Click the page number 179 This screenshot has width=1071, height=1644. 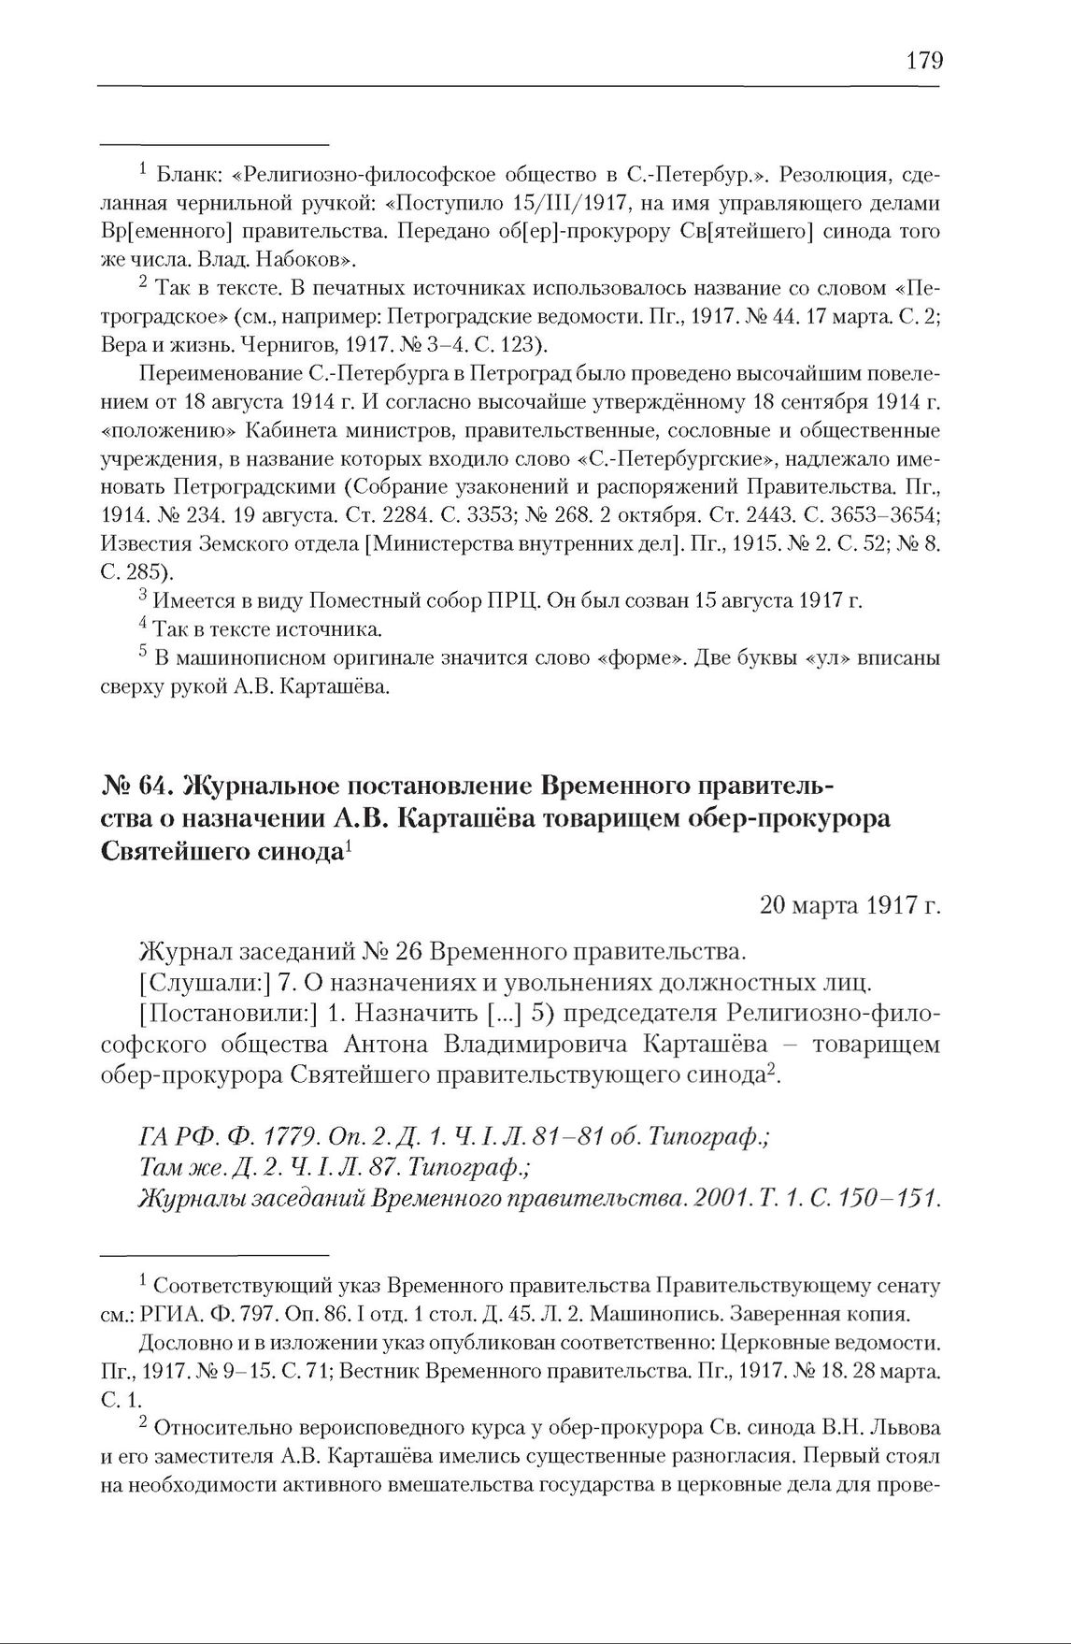click(924, 61)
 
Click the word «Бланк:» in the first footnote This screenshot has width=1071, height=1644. click(188, 175)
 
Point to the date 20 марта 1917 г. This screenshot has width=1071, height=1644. click(850, 906)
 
